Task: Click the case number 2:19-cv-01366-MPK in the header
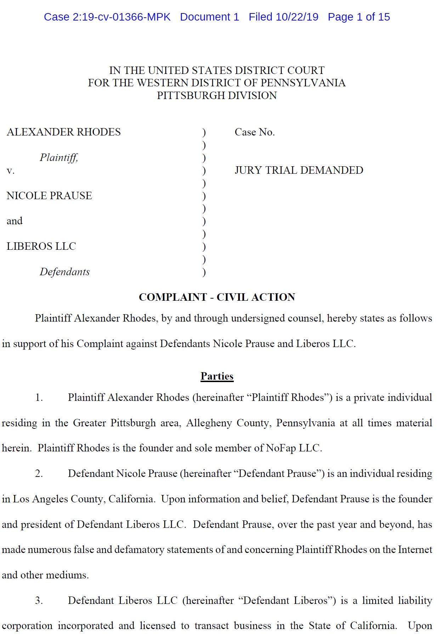click(x=121, y=17)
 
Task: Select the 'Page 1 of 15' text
click(x=358, y=17)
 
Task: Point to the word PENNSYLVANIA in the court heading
click(x=303, y=83)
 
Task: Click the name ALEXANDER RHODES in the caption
click(x=64, y=132)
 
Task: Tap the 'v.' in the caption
click(x=11, y=171)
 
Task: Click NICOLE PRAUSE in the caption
click(x=49, y=196)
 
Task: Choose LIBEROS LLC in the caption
click(x=41, y=246)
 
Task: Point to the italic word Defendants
click(x=64, y=272)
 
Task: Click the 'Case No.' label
click(x=255, y=132)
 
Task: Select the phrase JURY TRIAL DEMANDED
click(x=299, y=170)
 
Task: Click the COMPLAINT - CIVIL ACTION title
click(x=217, y=297)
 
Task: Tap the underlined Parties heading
click(x=217, y=376)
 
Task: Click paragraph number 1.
click(x=39, y=398)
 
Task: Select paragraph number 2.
click(x=39, y=474)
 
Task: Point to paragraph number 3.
click(x=39, y=600)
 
